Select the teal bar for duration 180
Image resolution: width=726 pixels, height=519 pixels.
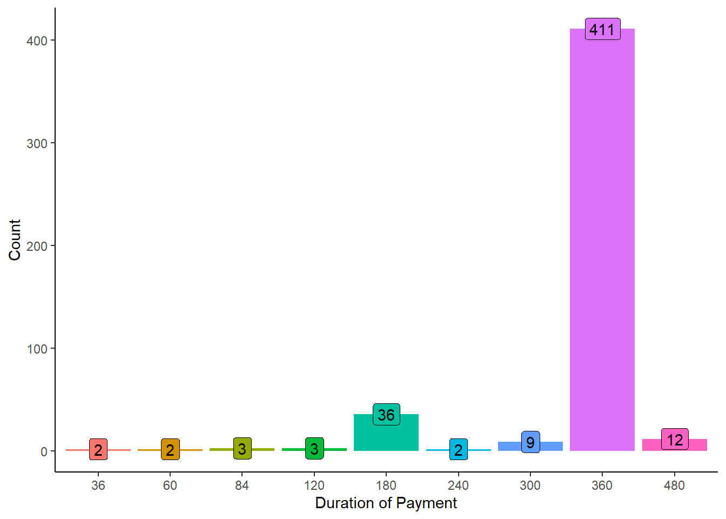[x=386, y=436]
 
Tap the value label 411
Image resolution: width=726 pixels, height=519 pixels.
[x=602, y=29]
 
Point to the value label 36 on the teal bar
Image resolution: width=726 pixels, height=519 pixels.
[x=386, y=415]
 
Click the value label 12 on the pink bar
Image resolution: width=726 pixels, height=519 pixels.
[x=675, y=440]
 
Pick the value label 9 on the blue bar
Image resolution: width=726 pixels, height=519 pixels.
[x=530, y=442]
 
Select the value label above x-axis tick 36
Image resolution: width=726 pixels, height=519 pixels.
[x=98, y=449]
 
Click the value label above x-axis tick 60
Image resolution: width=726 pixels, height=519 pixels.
[x=170, y=449]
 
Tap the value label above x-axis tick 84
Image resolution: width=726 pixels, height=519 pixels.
[x=242, y=448]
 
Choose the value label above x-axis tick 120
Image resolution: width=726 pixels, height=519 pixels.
[x=314, y=448]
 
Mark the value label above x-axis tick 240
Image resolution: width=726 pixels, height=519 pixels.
[x=458, y=449]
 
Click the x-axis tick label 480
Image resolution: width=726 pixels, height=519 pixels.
[x=674, y=485]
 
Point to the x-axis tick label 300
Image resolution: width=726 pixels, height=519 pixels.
[x=530, y=485]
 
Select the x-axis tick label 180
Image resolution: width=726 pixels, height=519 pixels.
[x=386, y=485]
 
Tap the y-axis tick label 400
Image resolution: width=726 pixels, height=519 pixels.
[x=37, y=41]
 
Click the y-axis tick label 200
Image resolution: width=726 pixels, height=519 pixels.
[x=37, y=246]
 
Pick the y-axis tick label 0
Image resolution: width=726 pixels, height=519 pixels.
[x=44, y=451]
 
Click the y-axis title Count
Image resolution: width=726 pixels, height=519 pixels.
[x=15, y=240]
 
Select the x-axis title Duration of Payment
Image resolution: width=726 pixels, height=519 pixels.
[x=386, y=503]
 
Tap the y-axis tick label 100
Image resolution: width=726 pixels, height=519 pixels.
[x=37, y=349]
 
